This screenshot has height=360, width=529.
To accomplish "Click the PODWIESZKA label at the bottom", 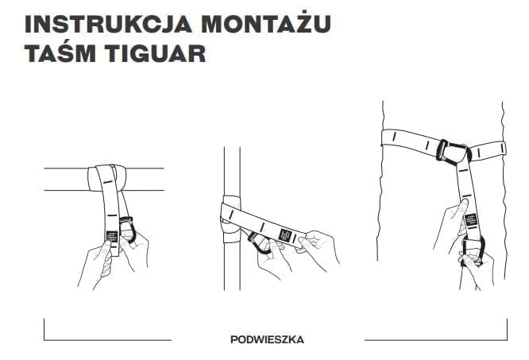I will pyautogui.click(x=266, y=339).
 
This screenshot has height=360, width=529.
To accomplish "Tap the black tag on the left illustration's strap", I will pyautogui.click(x=112, y=234).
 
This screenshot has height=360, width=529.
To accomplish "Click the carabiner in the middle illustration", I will pyautogui.click(x=260, y=240).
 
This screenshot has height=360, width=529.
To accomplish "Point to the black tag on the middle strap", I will pyautogui.click(x=285, y=235).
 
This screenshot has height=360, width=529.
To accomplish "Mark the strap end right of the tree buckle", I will pyautogui.click(x=488, y=148).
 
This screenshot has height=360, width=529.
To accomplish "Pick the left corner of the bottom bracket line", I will pyautogui.click(x=44, y=339).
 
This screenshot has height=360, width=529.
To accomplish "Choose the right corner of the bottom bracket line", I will pyautogui.click(x=506, y=339).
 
